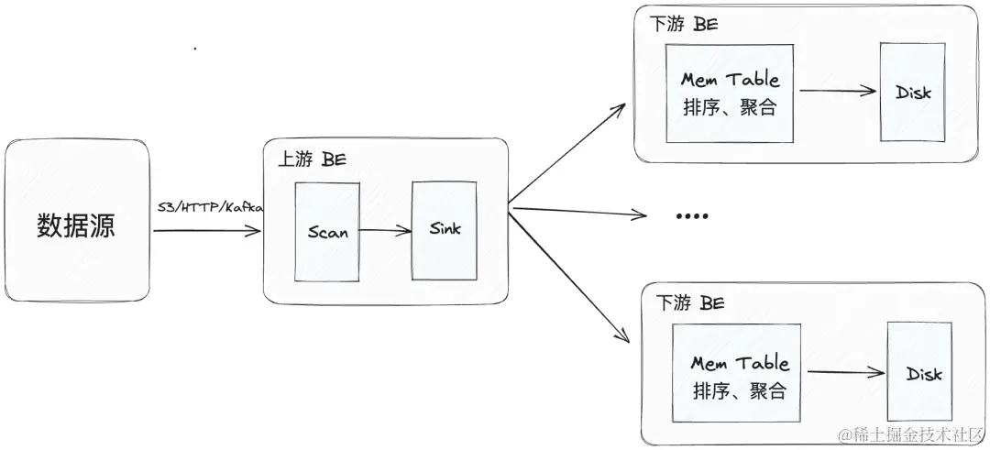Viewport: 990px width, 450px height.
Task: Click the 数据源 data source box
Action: click(76, 221)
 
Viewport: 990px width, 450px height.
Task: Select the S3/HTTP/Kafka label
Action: click(210, 208)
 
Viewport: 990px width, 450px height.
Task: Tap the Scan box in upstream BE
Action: click(327, 232)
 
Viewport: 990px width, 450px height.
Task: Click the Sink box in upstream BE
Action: click(445, 229)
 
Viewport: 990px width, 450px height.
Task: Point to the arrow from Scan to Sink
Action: click(385, 232)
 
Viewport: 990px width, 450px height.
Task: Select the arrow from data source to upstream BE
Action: click(206, 231)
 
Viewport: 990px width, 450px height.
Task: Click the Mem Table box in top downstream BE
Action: click(730, 93)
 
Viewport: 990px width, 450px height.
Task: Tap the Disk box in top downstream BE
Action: click(912, 93)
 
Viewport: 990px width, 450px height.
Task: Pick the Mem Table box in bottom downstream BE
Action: click(739, 375)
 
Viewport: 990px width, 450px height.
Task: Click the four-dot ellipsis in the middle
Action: click(692, 216)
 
